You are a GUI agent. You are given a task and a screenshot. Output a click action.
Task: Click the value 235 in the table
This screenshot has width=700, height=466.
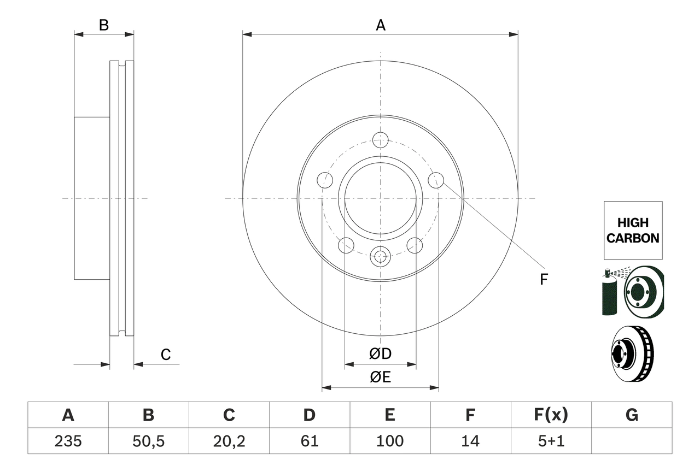coord(68,441)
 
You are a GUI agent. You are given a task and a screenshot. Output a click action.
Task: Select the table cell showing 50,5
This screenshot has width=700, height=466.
coord(148,441)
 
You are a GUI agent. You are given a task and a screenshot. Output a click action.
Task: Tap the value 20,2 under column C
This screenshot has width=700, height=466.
coord(229,441)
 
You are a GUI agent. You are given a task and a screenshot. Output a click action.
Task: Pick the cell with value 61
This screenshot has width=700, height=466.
coord(309,441)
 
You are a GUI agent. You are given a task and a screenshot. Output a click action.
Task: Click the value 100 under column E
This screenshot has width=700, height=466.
coord(389,441)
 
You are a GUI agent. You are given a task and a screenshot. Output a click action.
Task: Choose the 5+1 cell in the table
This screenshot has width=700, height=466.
coord(551,441)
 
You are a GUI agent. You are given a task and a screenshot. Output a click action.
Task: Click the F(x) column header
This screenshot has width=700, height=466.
coord(551,415)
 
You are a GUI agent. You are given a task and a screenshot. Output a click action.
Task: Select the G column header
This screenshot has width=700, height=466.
coord(632,415)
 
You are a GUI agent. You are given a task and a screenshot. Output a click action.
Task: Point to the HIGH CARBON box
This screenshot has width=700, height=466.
coord(633,230)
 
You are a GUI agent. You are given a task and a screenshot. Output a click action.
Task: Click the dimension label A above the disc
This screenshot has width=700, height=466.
coord(381,25)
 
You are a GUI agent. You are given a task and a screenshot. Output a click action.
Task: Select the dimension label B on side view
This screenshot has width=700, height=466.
coord(104,25)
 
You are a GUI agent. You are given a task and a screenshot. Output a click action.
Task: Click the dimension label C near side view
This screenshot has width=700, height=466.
coord(166,355)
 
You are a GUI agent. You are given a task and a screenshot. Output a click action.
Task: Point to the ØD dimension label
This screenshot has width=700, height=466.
coord(381,354)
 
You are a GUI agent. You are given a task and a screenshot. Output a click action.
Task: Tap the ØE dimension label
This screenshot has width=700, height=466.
coord(381,377)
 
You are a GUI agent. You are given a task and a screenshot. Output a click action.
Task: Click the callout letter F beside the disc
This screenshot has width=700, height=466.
coord(543,280)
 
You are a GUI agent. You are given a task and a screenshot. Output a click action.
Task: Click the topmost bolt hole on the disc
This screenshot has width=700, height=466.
coord(380,139)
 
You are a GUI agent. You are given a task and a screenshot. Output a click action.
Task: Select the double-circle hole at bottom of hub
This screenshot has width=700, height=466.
coord(380,255)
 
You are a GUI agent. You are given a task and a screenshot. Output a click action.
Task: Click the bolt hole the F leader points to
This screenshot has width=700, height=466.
coord(436,180)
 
